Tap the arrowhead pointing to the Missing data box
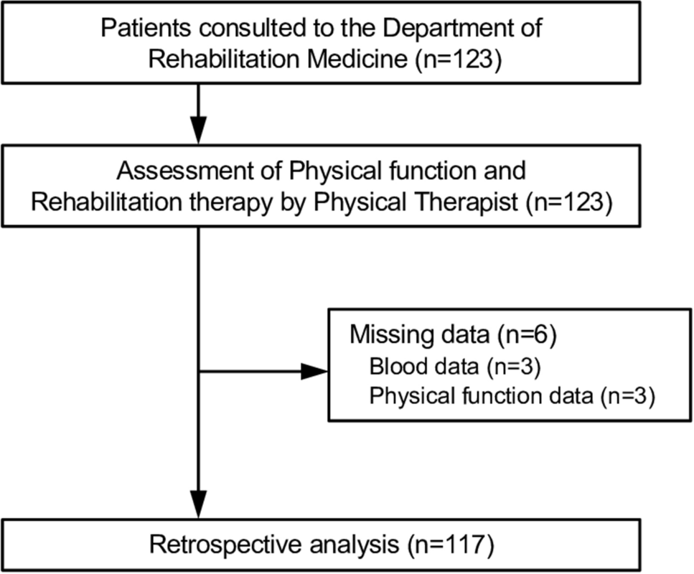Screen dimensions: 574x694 pos(314,372)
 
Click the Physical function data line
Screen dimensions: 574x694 pos(510,396)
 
